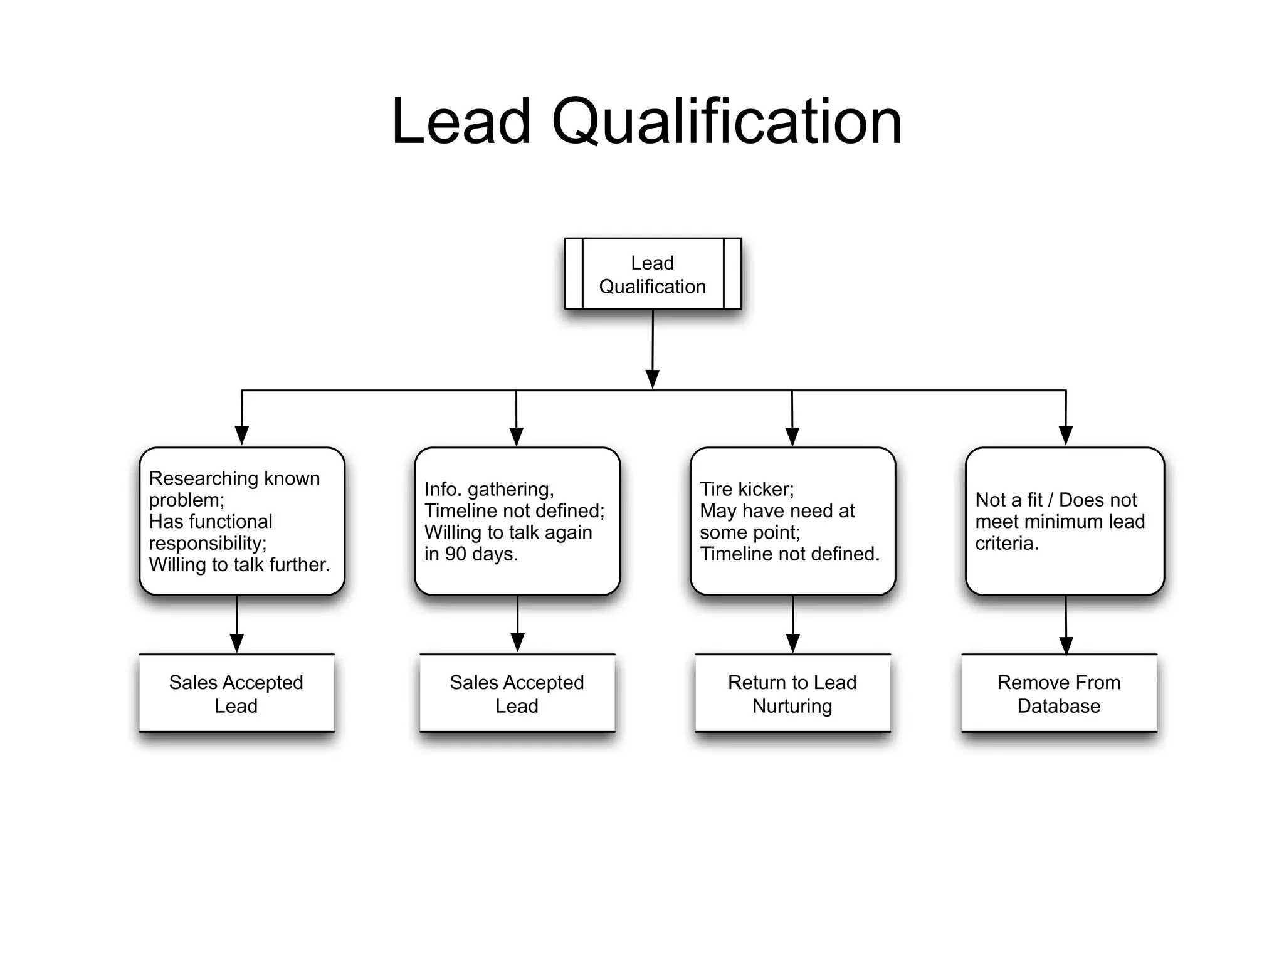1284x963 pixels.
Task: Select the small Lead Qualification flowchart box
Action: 653,274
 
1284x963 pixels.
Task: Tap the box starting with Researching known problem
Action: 242,521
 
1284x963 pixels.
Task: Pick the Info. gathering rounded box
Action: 517,521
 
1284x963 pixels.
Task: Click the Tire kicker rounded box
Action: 792,521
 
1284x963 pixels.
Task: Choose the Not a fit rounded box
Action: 1065,521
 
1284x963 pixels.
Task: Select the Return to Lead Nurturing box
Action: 792,693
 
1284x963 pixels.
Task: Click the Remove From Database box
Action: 1059,693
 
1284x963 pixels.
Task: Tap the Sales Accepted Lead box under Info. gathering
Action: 517,693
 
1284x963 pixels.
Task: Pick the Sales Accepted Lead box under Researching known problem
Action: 236,693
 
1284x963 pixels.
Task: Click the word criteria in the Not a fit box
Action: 1006,544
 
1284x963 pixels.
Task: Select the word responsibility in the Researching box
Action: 207,544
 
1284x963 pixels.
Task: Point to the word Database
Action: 1059,706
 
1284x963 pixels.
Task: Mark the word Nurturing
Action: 792,706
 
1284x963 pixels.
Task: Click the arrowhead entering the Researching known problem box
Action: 242,435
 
